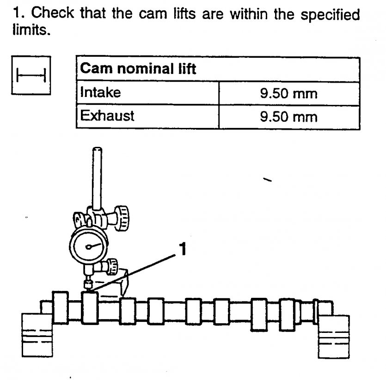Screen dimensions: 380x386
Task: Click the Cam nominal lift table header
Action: tap(138, 69)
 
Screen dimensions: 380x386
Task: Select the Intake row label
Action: tap(100, 93)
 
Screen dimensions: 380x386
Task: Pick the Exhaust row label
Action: tap(107, 115)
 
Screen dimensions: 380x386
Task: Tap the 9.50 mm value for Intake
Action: tap(288, 94)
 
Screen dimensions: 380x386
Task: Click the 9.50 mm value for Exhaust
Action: tap(288, 116)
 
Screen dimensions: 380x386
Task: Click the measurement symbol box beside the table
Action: tap(31, 75)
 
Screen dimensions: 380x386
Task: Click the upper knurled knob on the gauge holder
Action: tap(123, 218)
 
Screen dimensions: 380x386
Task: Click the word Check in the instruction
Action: tap(55, 14)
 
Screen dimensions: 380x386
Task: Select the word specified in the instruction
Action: tap(330, 15)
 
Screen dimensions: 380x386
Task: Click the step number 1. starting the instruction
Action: tap(18, 14)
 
